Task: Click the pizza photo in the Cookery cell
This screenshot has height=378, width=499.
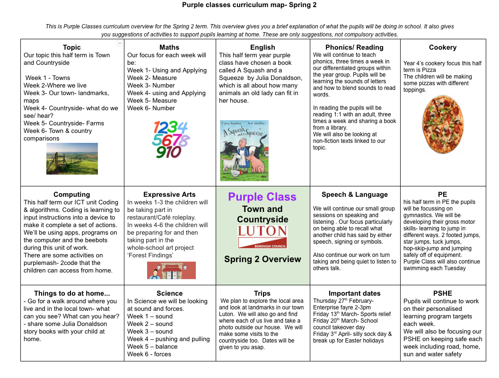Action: click(443, 124)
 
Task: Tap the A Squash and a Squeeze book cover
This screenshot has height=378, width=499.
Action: click(244, 150)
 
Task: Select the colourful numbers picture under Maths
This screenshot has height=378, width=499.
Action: click(169, 139)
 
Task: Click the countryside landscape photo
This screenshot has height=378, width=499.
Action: click(72, 158)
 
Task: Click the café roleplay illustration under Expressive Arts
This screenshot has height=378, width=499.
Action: click(171, 270)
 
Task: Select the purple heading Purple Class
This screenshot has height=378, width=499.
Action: click(262, 197)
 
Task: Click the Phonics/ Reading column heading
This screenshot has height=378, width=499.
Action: click(354, 47)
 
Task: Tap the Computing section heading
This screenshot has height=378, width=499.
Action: click(72, 194)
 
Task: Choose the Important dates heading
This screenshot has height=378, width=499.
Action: click(354, 293)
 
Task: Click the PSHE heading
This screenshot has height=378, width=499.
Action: click(443, 293)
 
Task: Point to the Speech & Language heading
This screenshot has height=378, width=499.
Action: click(354, 194)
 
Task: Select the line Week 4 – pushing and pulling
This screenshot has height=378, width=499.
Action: click(168, 339)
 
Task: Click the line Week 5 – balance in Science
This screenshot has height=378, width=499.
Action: click(152, 346)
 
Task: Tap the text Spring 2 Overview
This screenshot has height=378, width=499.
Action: click(263, 259)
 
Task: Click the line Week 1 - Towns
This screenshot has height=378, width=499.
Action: click(48, 78)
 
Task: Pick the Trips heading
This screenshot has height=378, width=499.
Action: click(262, 293)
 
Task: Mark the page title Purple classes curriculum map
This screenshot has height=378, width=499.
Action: click(249, 5)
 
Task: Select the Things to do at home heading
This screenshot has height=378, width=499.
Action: click(72, 293)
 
